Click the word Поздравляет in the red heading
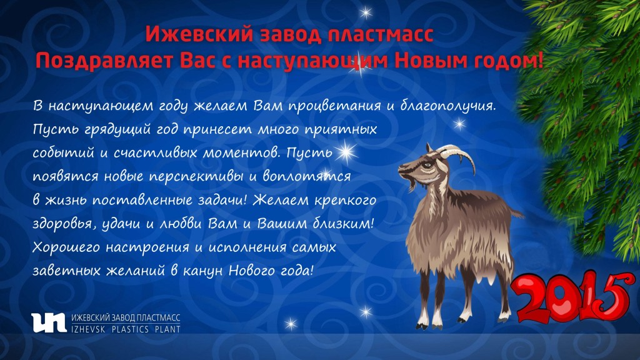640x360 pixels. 104,61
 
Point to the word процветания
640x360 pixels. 335,106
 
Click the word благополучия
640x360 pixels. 447,106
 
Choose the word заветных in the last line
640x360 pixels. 66,271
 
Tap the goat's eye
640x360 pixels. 427,165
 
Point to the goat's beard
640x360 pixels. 412,184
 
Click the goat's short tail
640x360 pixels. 516,212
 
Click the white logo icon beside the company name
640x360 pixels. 49,322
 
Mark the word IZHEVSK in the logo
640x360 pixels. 87,329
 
